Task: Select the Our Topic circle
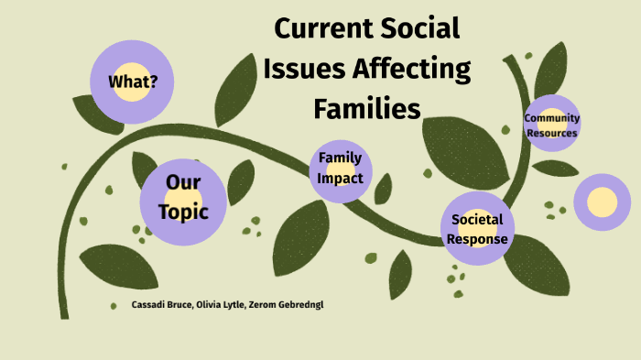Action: click(x=182, y=198)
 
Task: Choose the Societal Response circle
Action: click(x=477, y=229)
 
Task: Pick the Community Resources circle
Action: click(x=551, y=125)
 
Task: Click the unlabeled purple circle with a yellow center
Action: click(x=603, y=201)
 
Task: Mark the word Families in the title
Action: click(x=366, y=108)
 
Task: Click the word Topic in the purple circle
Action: click(x=182, y=212)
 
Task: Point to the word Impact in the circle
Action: click(x=341, y=179)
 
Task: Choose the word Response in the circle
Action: click(x=477, y=239)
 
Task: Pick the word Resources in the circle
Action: click(x=551, y=133)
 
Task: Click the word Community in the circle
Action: click(x=551, y=118)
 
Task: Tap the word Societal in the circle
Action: click(x=477, y=220)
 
